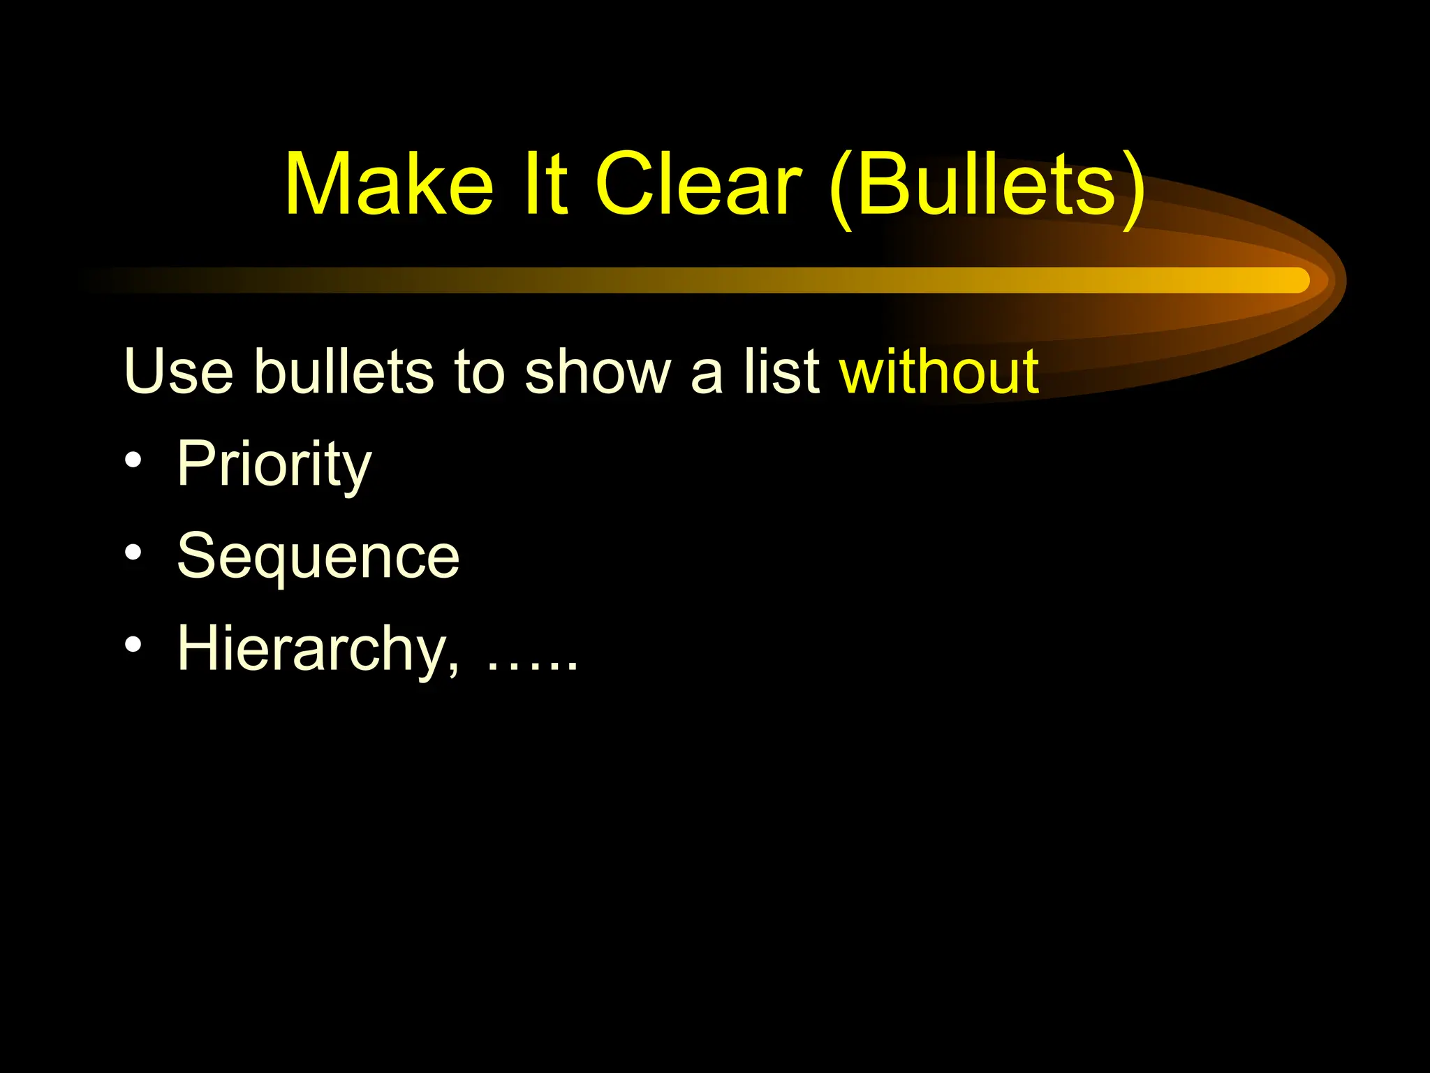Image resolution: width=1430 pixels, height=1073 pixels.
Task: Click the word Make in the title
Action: click(x=389, y=185)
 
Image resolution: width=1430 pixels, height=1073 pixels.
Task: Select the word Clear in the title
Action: click(x=698, y=185)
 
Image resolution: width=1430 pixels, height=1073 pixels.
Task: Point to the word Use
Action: click(x=178, y=372)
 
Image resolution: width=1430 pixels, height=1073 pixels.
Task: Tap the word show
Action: click(x=597, y=372)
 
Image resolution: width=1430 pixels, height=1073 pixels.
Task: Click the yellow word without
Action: click(x=939, y=372)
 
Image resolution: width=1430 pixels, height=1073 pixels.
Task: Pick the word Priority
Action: click(x=274, y=465)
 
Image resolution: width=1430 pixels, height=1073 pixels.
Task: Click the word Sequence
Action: click(x=318, y=557)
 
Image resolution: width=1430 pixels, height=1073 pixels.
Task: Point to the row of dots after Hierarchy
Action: click(x=532, y=667)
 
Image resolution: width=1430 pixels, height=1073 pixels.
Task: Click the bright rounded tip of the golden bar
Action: click(x=1297, y=280)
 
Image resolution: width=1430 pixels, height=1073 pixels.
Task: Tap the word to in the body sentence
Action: click(x=479, y=372)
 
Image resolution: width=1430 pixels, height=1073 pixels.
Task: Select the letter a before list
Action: click(x=707, y=377)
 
